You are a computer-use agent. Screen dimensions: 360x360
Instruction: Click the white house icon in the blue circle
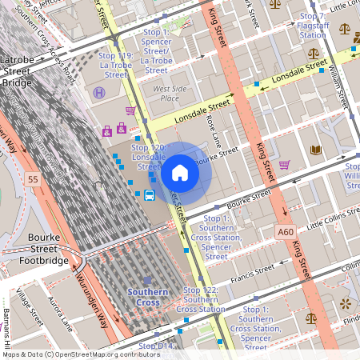(x=180, y=173)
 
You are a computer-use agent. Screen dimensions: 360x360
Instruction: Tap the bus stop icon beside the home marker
(x=150, y=195)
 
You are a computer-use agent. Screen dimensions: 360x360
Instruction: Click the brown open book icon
(x=315, y=150)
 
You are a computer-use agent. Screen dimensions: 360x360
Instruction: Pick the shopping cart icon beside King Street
(x=285, y=165)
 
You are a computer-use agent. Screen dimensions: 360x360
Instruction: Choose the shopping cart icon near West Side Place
(x=130, y=110)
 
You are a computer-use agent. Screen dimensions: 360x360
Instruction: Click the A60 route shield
(x=286, y=232)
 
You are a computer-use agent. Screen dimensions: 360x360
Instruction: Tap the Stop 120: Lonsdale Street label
(x=147, y=157)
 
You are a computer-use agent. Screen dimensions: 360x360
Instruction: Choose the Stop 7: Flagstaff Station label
(x=312, y=26)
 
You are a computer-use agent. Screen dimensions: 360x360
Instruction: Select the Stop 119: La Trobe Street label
(x=113, y=65)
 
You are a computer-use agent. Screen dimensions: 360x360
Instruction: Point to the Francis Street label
(x=252, y=272)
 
